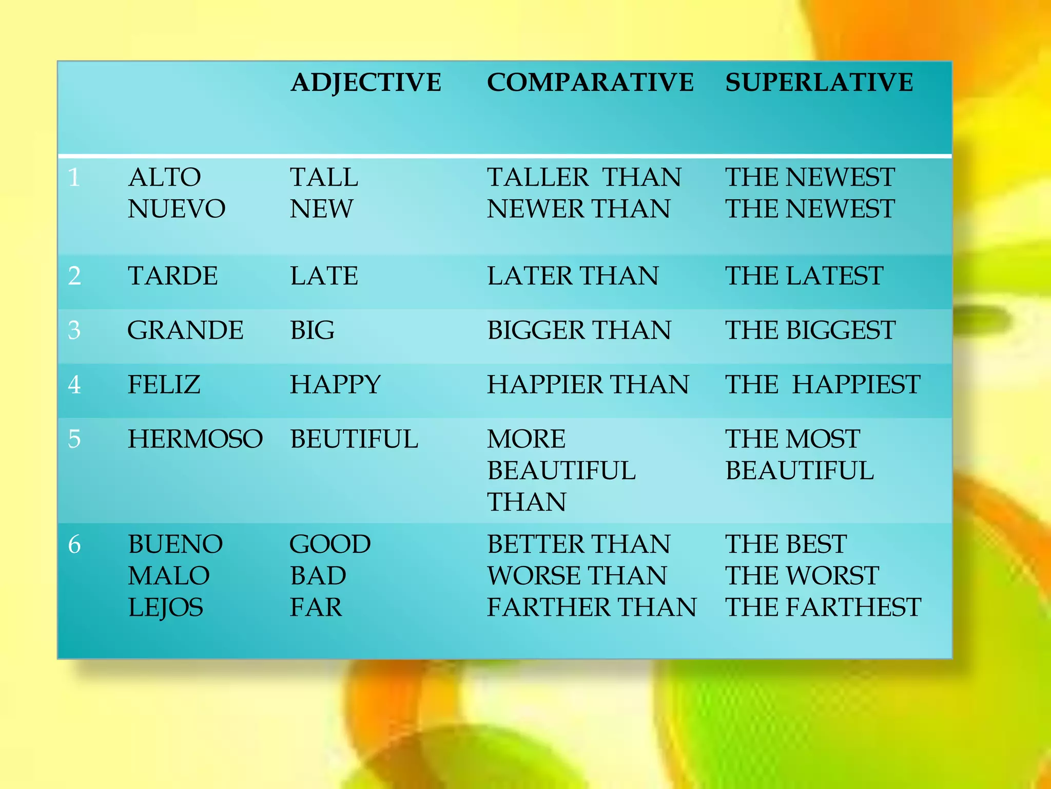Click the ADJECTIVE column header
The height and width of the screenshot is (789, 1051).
click(x=366, y=83)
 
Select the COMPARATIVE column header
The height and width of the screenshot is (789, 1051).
click(x=590, y=83)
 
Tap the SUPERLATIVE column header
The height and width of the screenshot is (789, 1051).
click(x=819, y=83)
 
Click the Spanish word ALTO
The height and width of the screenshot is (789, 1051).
click(x=164, y=178)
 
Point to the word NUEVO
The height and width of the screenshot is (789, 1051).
click(x=177, y=209)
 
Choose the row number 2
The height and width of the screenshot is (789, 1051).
click(x=74, y=276)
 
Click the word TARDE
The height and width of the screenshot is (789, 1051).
click(x=173, y=276)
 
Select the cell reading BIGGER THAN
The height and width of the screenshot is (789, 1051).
click(x=579, y=330)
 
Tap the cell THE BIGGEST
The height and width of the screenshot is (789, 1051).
click(x=810, y=330)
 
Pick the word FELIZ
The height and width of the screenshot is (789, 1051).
click(x=164, y=385)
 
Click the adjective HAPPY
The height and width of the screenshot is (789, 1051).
click(x=335, y=385)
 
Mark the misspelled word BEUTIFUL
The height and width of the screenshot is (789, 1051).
click(x=354, y=439)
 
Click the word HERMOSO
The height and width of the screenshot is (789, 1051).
click(x=195, y=439)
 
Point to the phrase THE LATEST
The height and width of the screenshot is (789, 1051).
click(x=804, y=276)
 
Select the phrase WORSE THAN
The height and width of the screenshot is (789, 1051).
click(x=577, y=576)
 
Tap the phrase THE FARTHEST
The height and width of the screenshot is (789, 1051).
click(x=823, y=608)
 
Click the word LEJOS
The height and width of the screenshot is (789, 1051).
click(x=165, y=608)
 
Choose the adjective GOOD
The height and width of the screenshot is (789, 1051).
click(x=330, y=544)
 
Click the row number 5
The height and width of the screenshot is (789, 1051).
click(x=74, y=439)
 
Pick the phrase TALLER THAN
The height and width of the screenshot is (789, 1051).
click(x=584, y=178)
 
